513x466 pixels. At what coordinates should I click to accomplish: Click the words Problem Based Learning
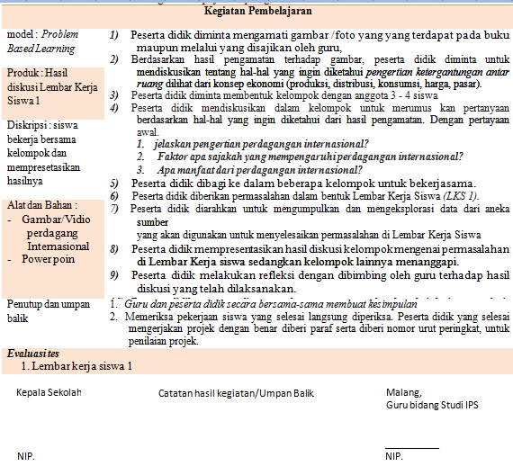tap(41, 41)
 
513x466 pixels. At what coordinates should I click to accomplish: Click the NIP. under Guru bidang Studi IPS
tap(394, 457)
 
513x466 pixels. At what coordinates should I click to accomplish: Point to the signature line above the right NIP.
tap(411, 447)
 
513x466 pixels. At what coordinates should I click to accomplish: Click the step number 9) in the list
tap(113, 275)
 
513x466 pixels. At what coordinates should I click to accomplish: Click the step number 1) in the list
tap(113, 35)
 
